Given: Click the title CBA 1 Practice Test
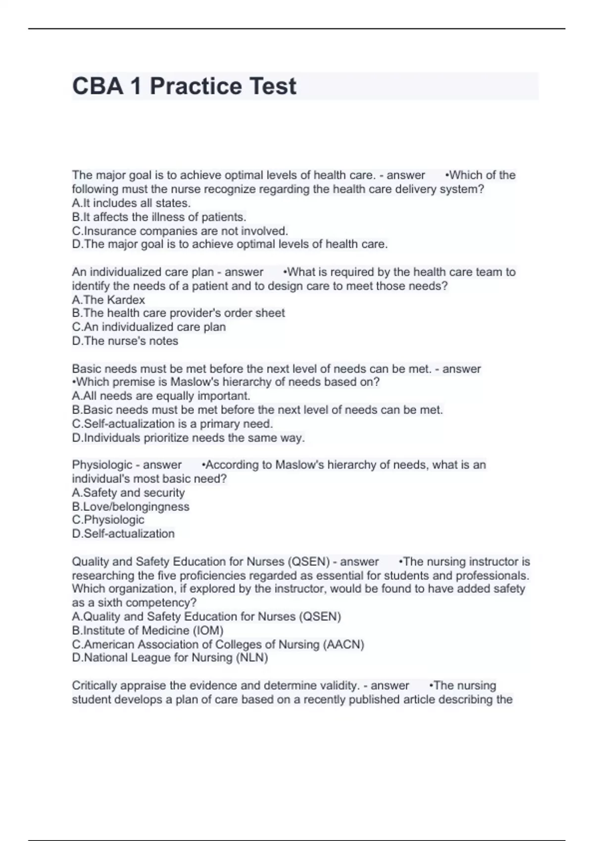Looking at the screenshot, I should pyautogui.click(x=184, y=86).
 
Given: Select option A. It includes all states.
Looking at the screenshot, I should pyautogui.click(x=131, y=203).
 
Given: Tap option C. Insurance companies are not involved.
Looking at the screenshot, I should pyautogui.click(x=180, y=231).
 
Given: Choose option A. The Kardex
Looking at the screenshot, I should pyautogui.click(x=108, y=300).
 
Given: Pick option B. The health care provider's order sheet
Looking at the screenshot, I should pyautogui.click(x=178, y=313).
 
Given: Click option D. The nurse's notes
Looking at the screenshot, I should pyautogui.click(x=125, y=341).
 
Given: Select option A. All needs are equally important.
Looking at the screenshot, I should pyautogui.click(x=161, y=396).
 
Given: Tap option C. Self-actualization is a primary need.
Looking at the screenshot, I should pyautogui.click(x=172, y=424).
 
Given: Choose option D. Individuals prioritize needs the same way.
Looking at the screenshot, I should pyautogui.click(x=188, y=438).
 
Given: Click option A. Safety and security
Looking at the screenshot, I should pyautogui.click(x=128, y=493).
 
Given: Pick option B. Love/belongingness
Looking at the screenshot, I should pyautogui.click(x=131, y=507).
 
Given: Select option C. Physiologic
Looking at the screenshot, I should pyautogui.click(x=108, y=520).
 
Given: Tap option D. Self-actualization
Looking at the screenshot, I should pyautogui.click(x=123, y=534).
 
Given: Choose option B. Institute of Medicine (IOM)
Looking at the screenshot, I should pyautogui.click(x=148, y=631).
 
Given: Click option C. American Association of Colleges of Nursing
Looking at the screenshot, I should pyautogui.click(x=218, y=645).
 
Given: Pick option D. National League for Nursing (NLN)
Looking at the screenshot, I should pyautogui.click(x=170, y=658).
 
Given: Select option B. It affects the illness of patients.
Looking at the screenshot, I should pyautogui.click(x=159, y=217).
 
